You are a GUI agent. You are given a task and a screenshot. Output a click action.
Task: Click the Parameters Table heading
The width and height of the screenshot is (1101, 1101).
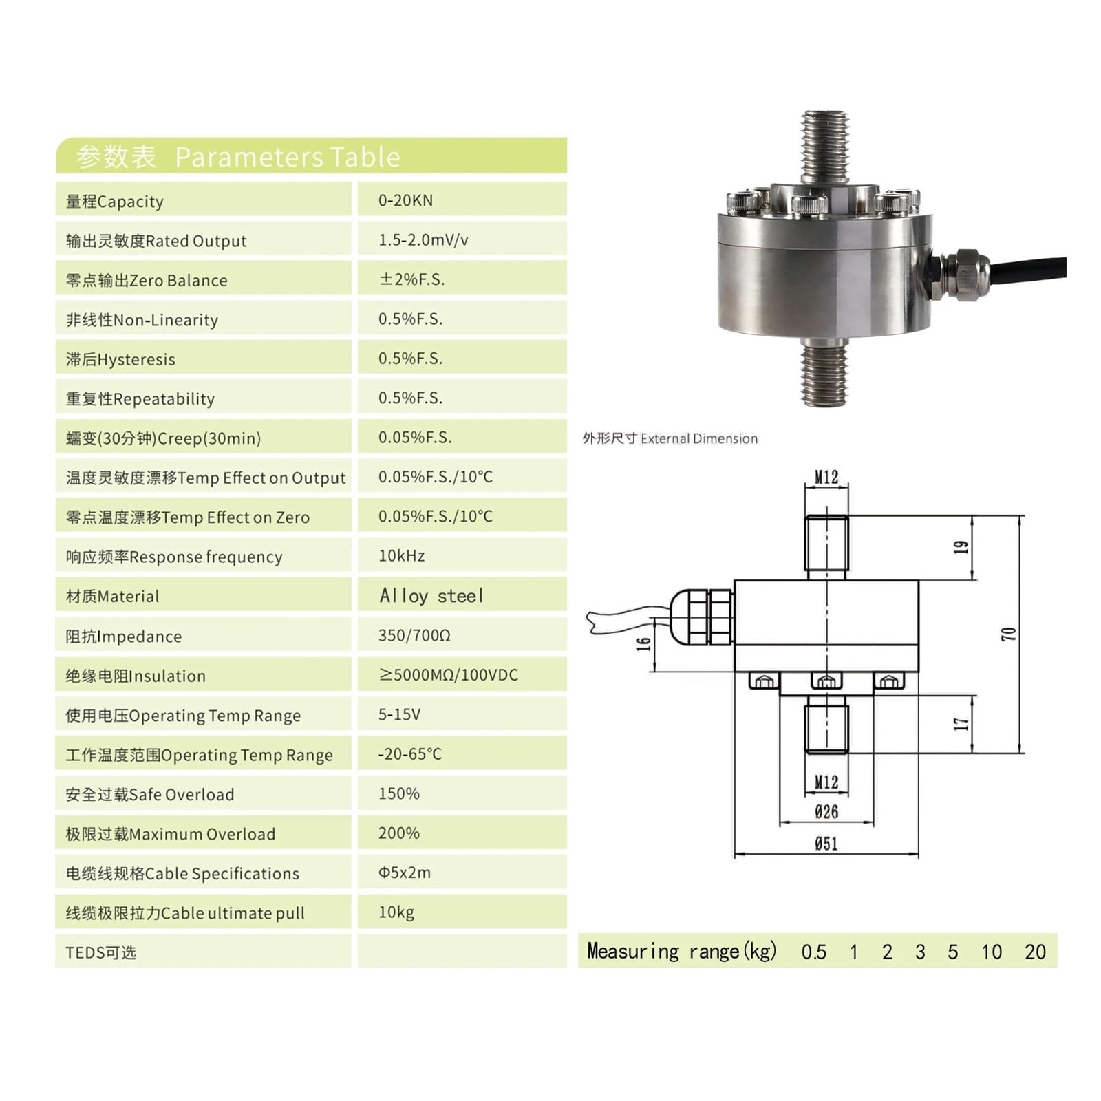tap(238, 157)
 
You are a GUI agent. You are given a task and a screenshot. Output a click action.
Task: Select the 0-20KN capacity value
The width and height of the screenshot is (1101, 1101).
tap(405, 200)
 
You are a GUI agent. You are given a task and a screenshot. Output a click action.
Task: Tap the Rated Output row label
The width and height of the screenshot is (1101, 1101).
tap(156, 241)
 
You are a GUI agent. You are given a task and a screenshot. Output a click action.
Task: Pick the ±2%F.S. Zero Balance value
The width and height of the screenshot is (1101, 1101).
tap(411, 279)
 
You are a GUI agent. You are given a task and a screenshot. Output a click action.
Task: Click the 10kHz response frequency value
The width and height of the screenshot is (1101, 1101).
tap(401, 556)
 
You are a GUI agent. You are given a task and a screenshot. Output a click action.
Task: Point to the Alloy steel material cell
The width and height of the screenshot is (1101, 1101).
tap(431, 596)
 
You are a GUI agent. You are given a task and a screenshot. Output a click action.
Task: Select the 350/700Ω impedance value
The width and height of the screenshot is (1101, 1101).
tap(414, 635)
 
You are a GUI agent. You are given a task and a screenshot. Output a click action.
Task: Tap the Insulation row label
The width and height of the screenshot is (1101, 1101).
tap(136, 676)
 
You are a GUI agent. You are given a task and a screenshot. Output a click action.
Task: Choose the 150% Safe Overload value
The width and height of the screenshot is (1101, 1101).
tap(398, 793)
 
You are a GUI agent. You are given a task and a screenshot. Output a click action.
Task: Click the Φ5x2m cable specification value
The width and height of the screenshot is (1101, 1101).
tap(405, 873)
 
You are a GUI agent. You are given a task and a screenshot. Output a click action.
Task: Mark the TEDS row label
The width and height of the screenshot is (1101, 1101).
tap(101, 952)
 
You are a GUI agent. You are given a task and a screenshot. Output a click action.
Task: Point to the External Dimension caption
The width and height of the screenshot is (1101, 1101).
tap(670, 438)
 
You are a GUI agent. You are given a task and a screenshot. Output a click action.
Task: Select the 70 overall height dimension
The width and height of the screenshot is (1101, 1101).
tap(1008, 634)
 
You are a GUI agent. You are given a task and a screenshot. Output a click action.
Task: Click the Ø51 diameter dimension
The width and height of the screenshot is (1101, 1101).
tap(826, 844)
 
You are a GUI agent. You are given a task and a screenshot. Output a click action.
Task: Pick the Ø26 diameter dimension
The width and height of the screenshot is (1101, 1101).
tap(826, 812)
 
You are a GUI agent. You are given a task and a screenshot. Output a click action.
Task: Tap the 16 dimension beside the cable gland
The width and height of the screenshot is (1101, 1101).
tap(643, 644)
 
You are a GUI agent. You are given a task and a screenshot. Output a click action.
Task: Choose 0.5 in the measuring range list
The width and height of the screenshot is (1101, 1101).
tap(813, 952)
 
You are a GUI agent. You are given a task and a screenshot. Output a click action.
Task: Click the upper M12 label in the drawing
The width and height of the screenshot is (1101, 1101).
tap(826, 477)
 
